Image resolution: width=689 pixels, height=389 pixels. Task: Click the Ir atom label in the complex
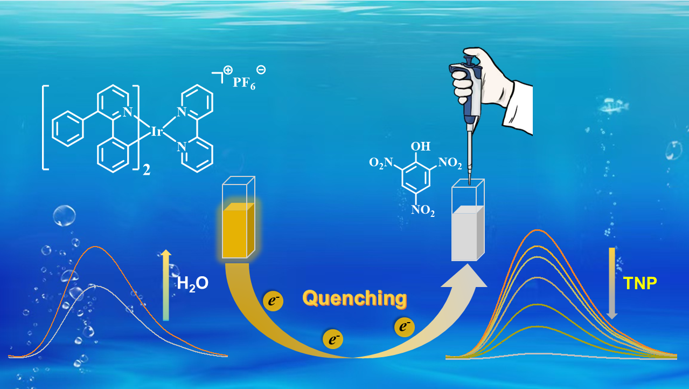[157, 131]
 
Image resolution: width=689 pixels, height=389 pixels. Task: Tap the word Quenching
[354, 297]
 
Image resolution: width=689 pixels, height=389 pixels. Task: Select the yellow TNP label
[639, 283]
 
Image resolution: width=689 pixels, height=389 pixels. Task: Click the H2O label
[192, 283]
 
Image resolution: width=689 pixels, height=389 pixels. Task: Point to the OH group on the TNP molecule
[421, 146]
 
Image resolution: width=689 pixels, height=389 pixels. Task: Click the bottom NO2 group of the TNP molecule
[422, 210]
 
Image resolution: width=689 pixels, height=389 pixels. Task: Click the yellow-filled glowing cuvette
[238, 229]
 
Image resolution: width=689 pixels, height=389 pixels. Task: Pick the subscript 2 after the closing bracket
[146, 172]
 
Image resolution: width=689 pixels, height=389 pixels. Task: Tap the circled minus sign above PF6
[261, 69]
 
